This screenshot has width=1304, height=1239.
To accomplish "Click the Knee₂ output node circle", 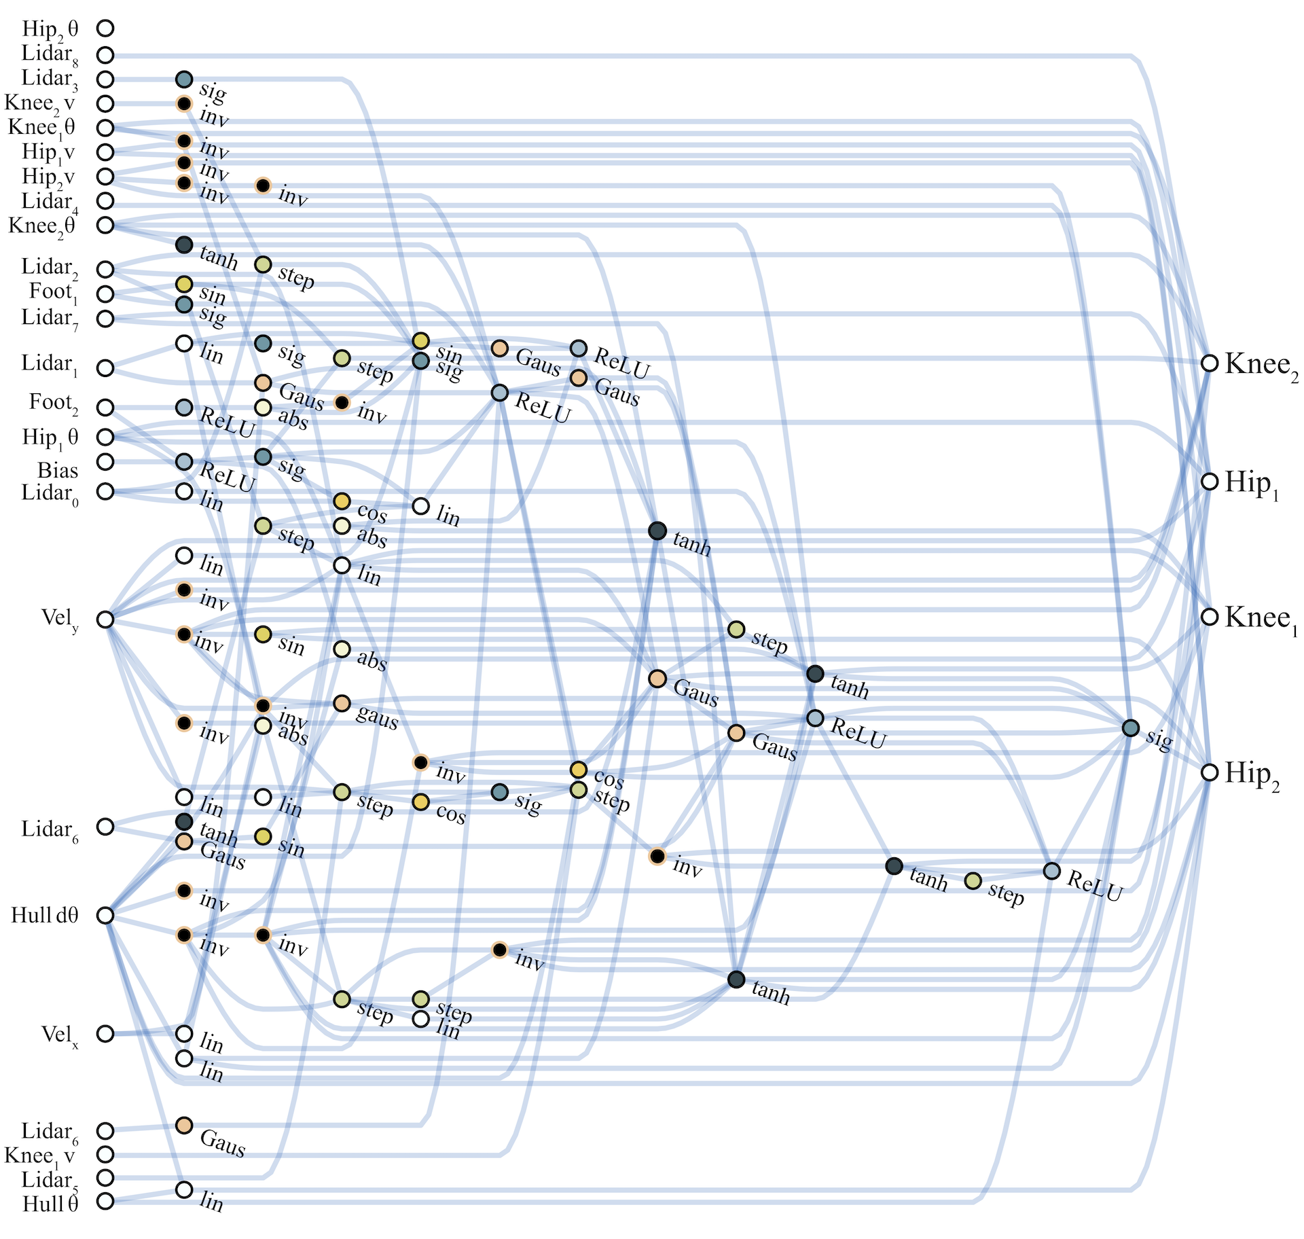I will [x=1209, y=363].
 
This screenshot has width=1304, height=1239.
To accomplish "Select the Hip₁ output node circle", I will [x=1209, y=481].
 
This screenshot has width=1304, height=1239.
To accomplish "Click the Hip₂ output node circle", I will [x=1209, y=772].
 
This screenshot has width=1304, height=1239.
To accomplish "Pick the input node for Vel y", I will [x=105, y=619].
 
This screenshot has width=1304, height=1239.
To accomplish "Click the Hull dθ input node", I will [x=105, y=915].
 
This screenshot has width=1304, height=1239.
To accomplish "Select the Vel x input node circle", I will [x=105, y=1033].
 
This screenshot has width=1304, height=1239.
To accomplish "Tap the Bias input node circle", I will [x=105, y=462].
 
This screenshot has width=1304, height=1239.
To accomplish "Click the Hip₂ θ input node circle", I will [x=105, y=28].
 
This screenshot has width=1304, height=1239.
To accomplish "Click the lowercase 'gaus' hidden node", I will [x=342, y=703].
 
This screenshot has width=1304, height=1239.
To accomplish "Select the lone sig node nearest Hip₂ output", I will [x=1130, y=728].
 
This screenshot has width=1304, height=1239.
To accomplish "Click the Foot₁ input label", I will [x=53, y=293].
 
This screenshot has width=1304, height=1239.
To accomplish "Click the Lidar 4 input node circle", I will [x=105, y=200].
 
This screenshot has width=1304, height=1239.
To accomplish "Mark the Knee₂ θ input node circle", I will [x=105, y=225].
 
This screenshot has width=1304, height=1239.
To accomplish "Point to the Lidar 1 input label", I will [x=50, y=365].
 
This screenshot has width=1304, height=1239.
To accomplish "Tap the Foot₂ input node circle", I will [x=105, y=408].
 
